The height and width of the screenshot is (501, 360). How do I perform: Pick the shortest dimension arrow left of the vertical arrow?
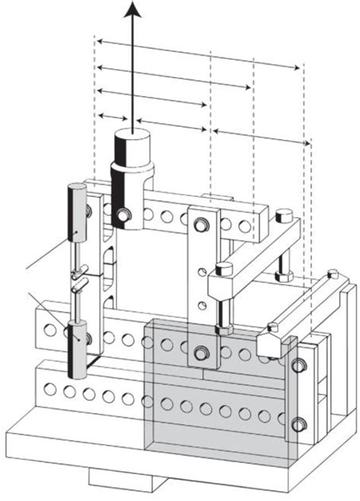(x=112, y=116)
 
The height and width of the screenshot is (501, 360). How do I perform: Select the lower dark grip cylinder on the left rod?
(x=78, y=347)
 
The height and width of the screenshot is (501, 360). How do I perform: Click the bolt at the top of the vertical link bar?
(x=201, y=224)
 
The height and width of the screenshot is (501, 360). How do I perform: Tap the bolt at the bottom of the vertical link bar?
(x=201, y=351)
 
